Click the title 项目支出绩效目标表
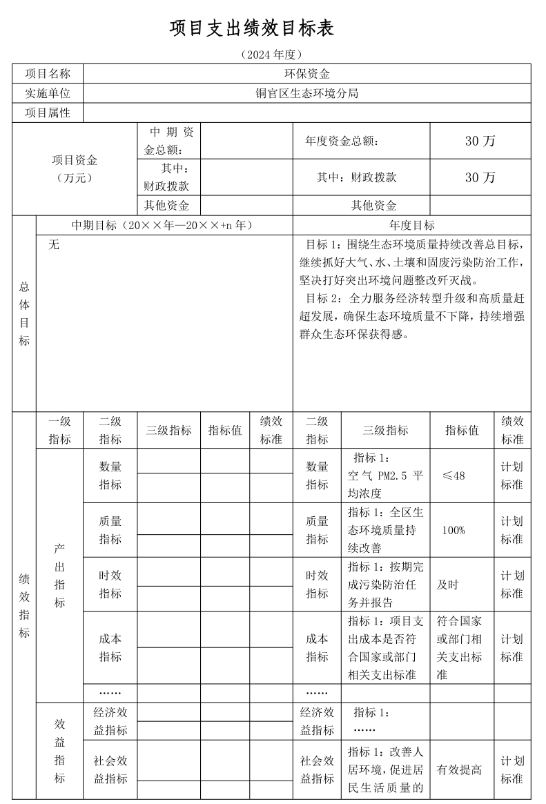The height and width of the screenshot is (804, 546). pos(252,28)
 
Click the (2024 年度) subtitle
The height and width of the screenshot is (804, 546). pos(273,54)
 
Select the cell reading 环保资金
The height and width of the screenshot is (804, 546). pos(307,74)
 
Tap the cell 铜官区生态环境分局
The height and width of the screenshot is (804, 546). pos(307,93)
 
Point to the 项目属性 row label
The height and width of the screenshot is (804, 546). pos(48,112)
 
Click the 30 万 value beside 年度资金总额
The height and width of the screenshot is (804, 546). pos(480,141)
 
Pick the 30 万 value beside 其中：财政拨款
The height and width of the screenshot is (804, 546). pos(480,177)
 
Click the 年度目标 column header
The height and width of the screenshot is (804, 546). pos(412,226)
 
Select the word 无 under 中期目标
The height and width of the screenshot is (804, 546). pos(54,244)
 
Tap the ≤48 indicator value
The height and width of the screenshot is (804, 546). pos(454,476)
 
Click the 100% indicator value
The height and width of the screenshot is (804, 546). pos(454,530)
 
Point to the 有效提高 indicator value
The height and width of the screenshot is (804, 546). pos(459,769)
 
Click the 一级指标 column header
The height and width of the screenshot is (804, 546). pos(59,430)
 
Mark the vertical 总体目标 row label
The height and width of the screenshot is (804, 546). pos(24,313)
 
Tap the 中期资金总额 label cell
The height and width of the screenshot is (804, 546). pos(168,141)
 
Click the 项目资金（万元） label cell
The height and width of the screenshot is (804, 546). pos(75,168)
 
